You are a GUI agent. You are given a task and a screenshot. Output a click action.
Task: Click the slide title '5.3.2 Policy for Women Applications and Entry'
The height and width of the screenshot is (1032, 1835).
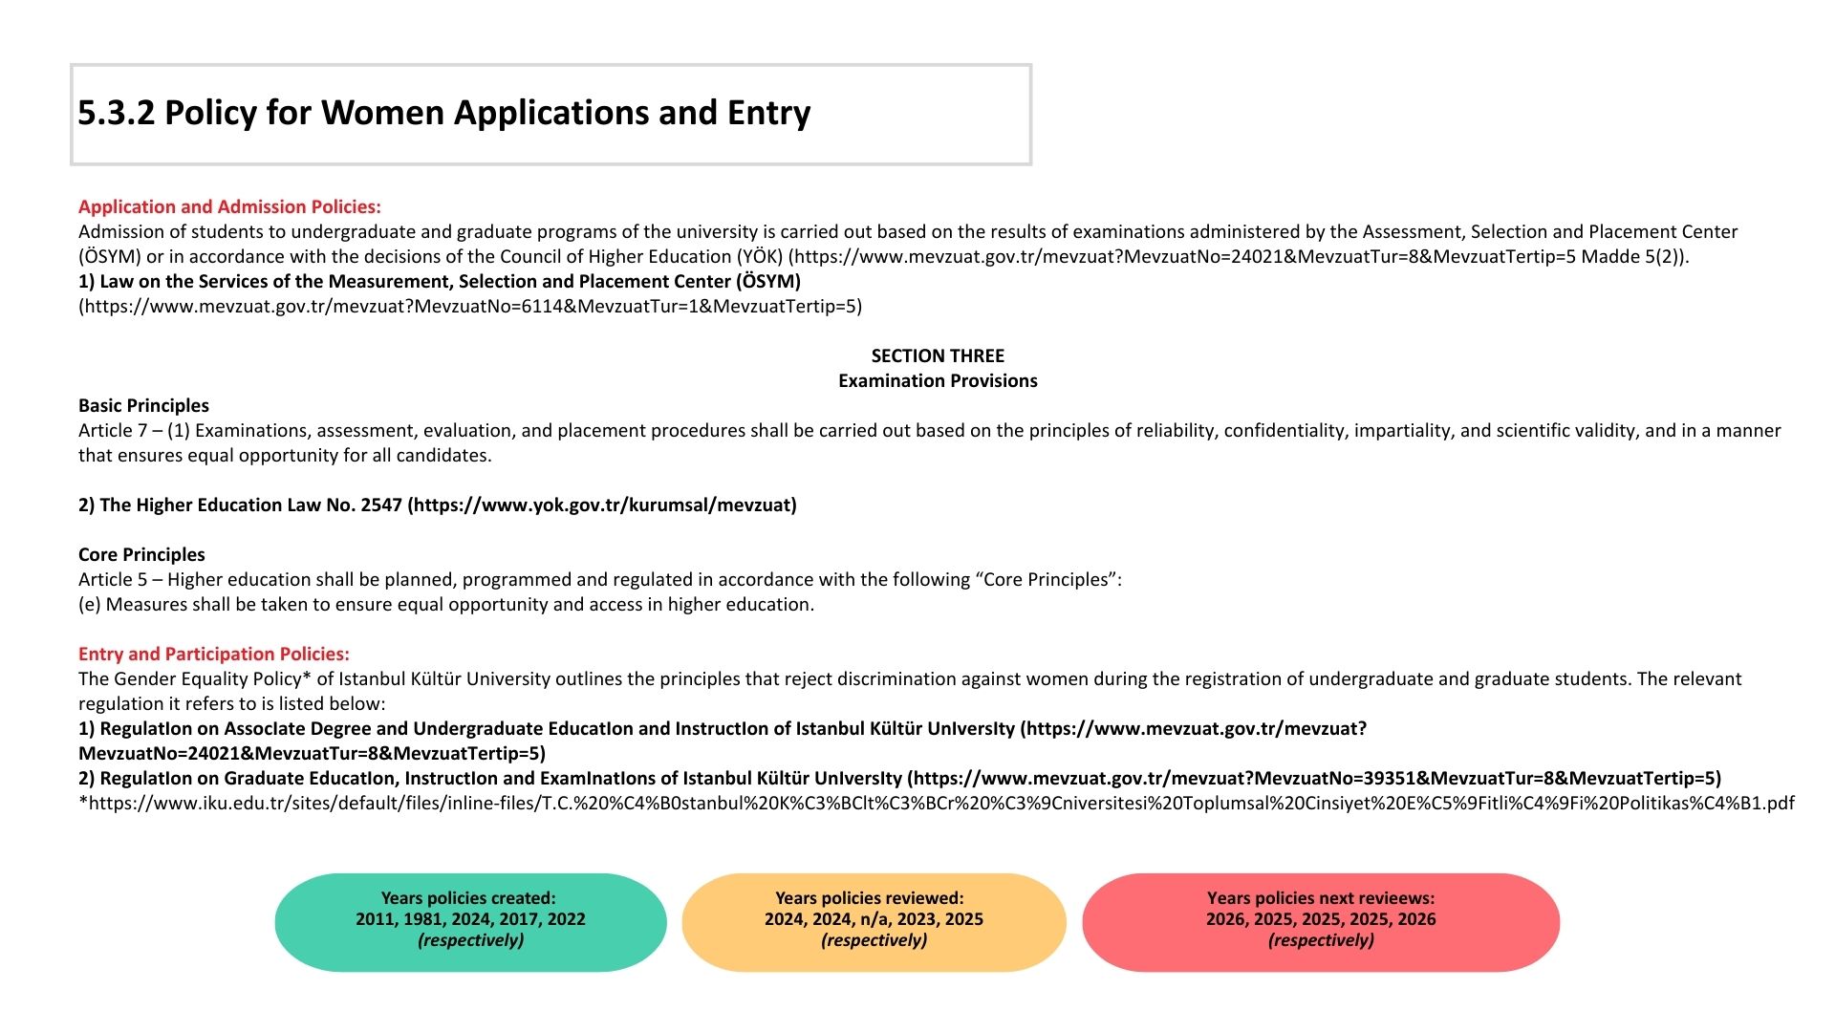pyautogui.click(x=443, y=113)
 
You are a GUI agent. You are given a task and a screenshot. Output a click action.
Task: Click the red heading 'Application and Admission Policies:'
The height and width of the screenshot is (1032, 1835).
pyautogui.click(x=229, y=206)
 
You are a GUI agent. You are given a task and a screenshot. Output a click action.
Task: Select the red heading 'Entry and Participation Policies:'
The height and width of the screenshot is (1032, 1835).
pyautogui.click(x=214, y=654)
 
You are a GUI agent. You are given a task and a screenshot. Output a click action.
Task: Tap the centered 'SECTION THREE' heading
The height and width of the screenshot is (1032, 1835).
pyautogui.click(x=938, y=355)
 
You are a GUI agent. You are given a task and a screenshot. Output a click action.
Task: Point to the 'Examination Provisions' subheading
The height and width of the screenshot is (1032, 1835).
pyautogui.click(x=938, y=380)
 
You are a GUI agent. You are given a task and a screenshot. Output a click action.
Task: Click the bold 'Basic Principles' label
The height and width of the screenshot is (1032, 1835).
pyautogui.click(x=143, y=405)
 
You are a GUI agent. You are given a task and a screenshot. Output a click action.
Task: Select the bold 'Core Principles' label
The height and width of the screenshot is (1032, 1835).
pyautogui.click(x=141, y=554)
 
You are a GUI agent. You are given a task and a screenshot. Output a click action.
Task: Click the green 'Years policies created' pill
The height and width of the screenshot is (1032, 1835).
pyautogui.click(x=470, y=922)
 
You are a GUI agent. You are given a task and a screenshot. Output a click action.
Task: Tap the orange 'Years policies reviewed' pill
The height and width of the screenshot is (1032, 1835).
pyautogui.click(x=874, y=922)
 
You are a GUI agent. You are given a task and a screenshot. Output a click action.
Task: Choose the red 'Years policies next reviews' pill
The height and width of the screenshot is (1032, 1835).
pyautogui.click(x=1321, y=922)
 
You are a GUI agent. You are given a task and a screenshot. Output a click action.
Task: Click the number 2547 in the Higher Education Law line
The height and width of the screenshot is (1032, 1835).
pyautogui.click(x=381, y=505)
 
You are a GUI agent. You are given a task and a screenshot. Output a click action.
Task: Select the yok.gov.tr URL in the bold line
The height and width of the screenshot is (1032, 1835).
pyautogui.click(x=602, y=505)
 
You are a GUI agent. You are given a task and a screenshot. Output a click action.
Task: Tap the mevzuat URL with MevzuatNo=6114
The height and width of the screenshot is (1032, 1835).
pyautogui.click(x=470, y=306)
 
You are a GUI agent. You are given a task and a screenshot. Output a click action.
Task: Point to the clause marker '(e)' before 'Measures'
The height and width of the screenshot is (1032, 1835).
pyautogui.click(x=90, y=604)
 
